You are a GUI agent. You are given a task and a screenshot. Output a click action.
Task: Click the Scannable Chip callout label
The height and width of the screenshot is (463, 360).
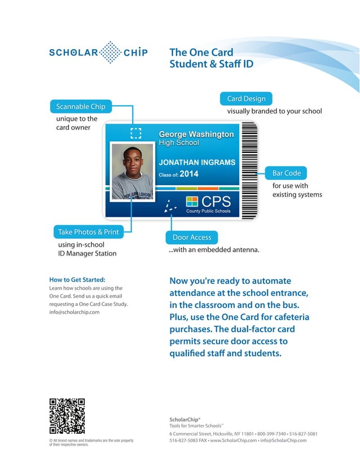81,106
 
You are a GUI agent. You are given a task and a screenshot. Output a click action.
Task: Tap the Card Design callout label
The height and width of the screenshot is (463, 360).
245,99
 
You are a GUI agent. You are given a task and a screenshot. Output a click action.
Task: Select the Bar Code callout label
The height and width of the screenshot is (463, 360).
286,173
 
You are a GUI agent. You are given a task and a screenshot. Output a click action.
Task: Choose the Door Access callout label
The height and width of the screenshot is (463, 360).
192,238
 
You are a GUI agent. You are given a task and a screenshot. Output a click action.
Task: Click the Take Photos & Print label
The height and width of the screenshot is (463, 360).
88,232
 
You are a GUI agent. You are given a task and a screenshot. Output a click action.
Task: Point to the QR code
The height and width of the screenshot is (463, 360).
67,416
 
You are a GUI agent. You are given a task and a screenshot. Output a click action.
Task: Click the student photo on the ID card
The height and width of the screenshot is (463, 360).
133,171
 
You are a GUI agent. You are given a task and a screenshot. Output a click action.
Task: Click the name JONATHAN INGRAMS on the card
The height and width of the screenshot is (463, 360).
197,163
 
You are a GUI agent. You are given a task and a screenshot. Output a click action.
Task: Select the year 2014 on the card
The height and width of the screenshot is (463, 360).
189,174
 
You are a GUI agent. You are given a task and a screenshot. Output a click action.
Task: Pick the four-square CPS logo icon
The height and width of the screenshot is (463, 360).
192,202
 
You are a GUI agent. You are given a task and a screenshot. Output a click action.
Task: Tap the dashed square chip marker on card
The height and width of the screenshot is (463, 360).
135,133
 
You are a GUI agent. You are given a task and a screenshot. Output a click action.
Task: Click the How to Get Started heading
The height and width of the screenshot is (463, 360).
77,279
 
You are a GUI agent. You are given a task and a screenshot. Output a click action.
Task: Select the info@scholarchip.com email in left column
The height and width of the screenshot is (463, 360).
74,312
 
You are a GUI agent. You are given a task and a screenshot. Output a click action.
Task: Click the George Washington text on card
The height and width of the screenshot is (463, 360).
196,134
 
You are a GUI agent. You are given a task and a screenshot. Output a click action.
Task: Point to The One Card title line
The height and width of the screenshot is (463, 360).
201,53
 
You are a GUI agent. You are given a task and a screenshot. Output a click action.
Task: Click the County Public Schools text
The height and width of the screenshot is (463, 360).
208,211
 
